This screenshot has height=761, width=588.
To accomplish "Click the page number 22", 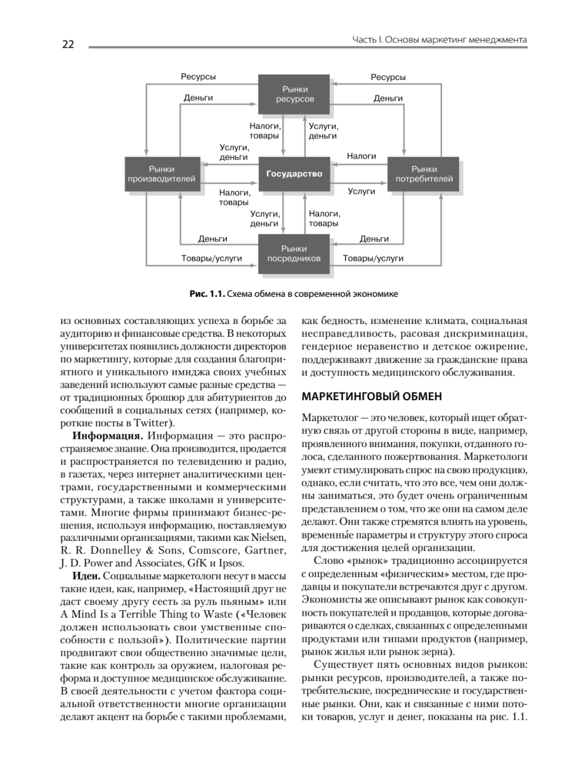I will (69, 44).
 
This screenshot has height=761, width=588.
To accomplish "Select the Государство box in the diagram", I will (294, 174).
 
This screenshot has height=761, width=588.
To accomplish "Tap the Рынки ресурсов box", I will (294, 94).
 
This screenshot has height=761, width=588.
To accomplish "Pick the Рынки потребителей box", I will (424, 174).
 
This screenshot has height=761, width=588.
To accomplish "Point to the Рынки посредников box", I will (294, 253).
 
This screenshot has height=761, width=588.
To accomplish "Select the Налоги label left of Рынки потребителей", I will (362, 155).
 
